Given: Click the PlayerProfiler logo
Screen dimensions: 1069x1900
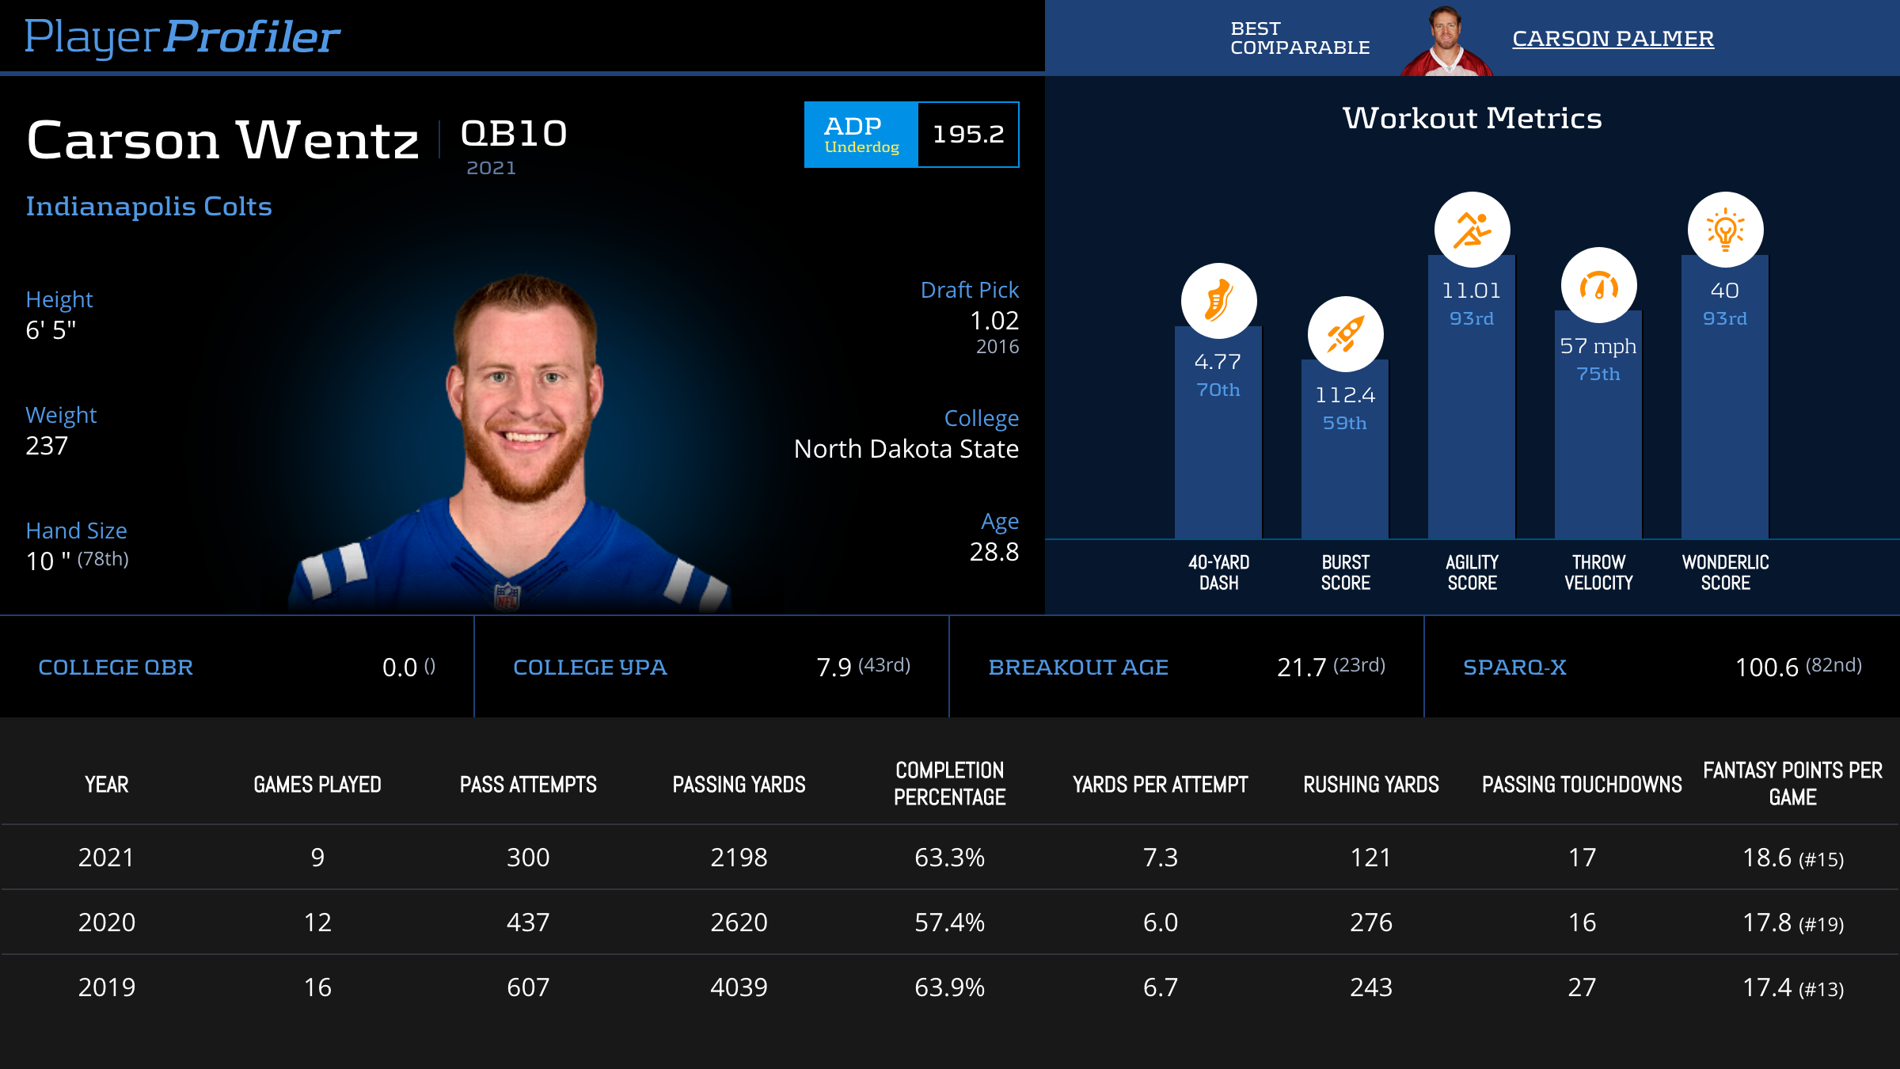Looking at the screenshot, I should (182, 36).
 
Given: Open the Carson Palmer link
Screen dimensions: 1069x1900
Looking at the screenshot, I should (1613, 38).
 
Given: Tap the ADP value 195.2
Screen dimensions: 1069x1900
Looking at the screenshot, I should (968, 135).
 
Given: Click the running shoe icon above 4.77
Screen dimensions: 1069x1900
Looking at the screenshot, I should (1218, 301).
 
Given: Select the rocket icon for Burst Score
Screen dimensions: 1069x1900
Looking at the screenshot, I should (1345, 334).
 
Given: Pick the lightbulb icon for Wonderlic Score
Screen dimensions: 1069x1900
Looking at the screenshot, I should (1725, 230).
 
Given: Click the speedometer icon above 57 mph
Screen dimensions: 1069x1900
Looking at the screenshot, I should (1598, 285).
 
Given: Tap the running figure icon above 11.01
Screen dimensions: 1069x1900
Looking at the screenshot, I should (1472, 230).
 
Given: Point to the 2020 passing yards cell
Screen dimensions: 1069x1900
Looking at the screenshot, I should (739, 923).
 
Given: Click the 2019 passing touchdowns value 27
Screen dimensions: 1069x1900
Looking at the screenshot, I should (1582, 987).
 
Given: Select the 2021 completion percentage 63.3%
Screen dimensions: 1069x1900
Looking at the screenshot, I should (949, 858).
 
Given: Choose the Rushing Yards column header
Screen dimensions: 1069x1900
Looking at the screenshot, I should (1371, 785).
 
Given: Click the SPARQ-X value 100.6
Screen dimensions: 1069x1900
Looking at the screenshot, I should (1767, 668).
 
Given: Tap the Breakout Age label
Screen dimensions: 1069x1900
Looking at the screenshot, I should (1078, 668).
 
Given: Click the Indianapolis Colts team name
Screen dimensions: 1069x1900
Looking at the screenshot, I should (149, 207).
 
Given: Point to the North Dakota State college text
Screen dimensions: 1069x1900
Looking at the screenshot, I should (906, 449).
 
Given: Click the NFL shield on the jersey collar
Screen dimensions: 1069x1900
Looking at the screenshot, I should (507, 595).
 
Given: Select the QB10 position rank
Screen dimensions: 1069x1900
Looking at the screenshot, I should (514, 134).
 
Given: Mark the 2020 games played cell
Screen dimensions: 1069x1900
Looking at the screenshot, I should (317, 923).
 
